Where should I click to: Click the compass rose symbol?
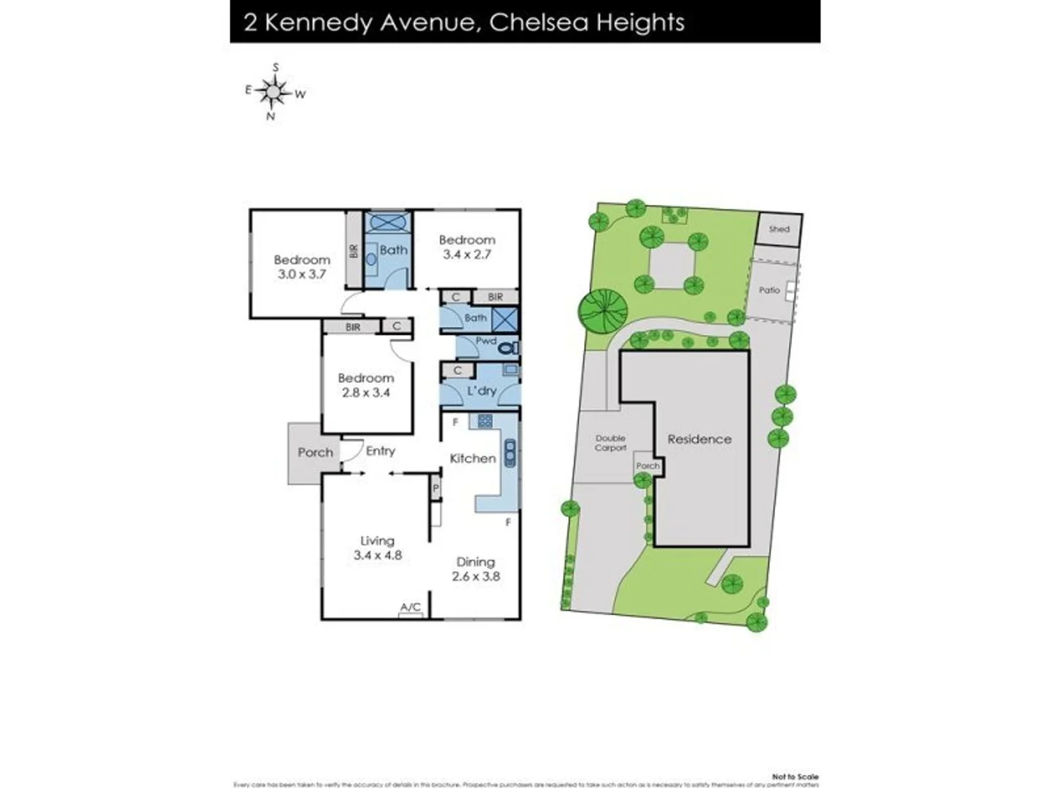(274, 92)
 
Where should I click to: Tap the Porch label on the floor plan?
(315, 452)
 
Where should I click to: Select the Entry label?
(380, 451)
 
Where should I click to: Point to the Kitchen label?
(472, 458)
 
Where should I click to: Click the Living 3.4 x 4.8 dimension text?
(377, 548)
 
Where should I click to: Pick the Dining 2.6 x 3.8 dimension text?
(475, 569)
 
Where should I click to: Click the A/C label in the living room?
(411, 607)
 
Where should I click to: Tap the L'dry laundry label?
(481, 391)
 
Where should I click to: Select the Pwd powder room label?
(486, 341)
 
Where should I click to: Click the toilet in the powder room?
(508, 349)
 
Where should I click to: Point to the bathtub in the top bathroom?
(388, 222)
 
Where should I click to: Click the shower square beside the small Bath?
(505, 320)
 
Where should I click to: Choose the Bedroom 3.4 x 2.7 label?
(467, 247)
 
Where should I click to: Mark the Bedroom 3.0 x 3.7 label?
(302, 267)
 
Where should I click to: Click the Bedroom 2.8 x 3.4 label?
(365, 385)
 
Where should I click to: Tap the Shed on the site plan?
(779, 229)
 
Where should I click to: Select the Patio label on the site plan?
(769, 290)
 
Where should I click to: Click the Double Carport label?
(610, 443)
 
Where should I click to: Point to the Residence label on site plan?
(699, 439)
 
